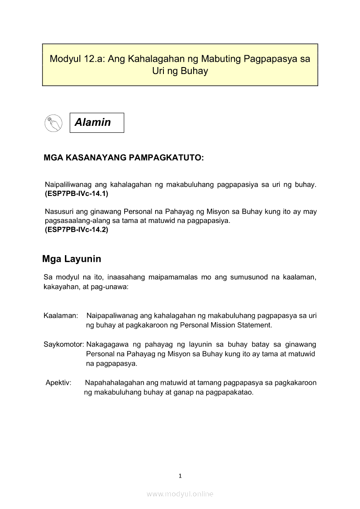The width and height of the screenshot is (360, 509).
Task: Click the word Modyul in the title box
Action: [64, 59]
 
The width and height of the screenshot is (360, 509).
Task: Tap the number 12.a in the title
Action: [93, 59]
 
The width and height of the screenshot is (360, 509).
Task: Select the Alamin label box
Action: [97, 123]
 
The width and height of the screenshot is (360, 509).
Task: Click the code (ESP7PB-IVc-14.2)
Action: [76, 230]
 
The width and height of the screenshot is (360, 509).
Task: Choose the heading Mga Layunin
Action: [71, 259]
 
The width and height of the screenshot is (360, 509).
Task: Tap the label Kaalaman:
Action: [61, 315]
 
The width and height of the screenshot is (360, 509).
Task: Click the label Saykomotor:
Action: [64, 344]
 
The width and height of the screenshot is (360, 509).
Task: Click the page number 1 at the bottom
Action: [180, 476]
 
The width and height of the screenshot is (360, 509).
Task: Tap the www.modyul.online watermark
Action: [180, 494]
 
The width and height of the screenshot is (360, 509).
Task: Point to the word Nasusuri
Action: [59, 212]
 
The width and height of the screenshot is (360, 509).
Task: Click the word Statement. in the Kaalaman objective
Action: [254, 325]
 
